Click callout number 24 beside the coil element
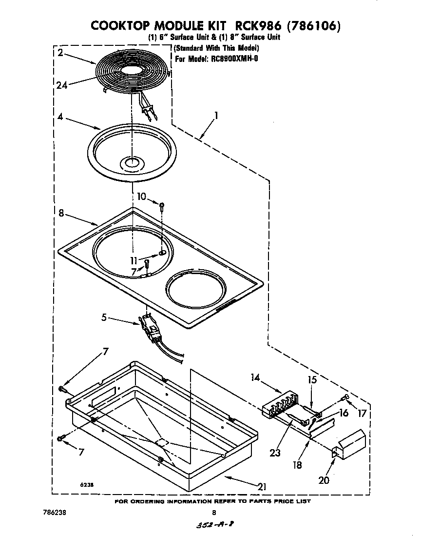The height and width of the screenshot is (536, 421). click(x=61, y=85)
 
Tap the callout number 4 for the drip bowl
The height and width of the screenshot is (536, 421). click(x=60, y=117)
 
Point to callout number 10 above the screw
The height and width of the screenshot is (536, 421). click(x=141, y=197)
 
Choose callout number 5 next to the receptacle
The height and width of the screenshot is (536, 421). click(x=104, y=318)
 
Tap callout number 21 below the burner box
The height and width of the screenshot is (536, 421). click(x=262, y=486)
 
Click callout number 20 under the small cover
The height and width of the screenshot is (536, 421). click(x=323, y=480)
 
